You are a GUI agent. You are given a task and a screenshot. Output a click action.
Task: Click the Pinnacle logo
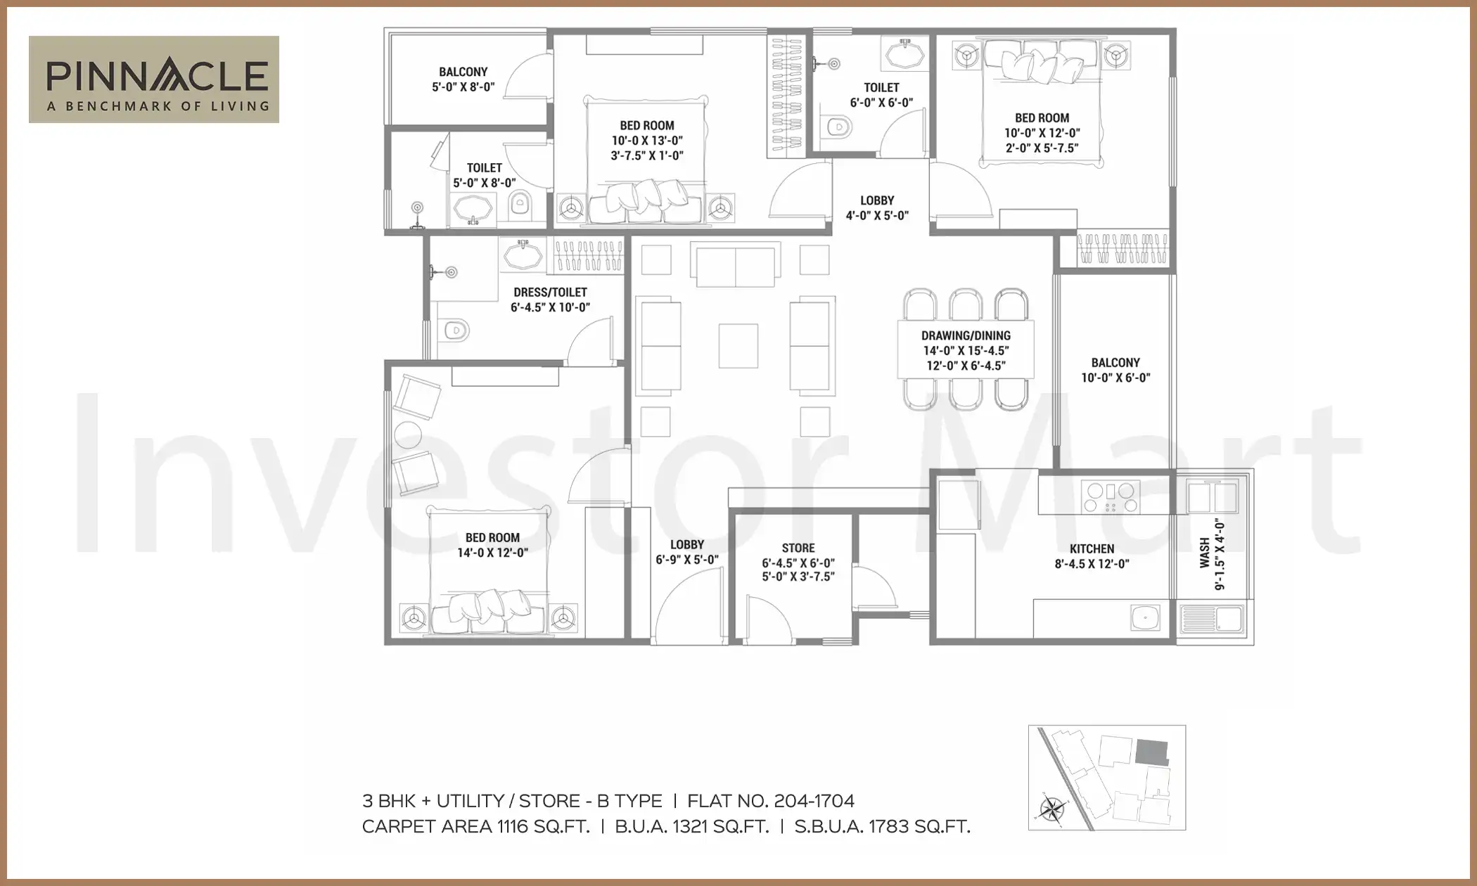(x=153, y=79)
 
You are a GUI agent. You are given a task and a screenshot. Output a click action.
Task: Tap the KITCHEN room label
(x=1092, y=548)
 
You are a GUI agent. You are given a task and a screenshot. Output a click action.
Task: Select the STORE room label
(x=798, y=548)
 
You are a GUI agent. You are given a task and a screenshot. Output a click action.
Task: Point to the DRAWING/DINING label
(x=966, y=335)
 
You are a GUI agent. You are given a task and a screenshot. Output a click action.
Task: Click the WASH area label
(x=1205, y=553)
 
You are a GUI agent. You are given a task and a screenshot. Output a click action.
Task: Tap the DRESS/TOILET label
(x=550, y=292)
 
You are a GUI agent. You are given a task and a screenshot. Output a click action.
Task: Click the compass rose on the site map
(x=1050, y=809)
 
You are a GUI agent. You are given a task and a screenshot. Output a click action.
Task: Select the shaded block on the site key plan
(x=1151, y=752)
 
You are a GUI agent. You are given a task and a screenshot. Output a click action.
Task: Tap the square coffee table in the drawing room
(x=738, y=345)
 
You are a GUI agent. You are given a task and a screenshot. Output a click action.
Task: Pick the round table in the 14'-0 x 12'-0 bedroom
(x=408, y=435)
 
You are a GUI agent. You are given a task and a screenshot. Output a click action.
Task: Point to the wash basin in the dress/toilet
(x=522, y=254)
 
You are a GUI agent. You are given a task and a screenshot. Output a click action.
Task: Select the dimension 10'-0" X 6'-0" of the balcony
(x=1115, y=378)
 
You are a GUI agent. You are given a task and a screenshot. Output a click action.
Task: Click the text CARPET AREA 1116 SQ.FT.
(x=475, y=826)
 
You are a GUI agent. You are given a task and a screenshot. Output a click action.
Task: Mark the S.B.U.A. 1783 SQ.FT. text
(x=882, y=826)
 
